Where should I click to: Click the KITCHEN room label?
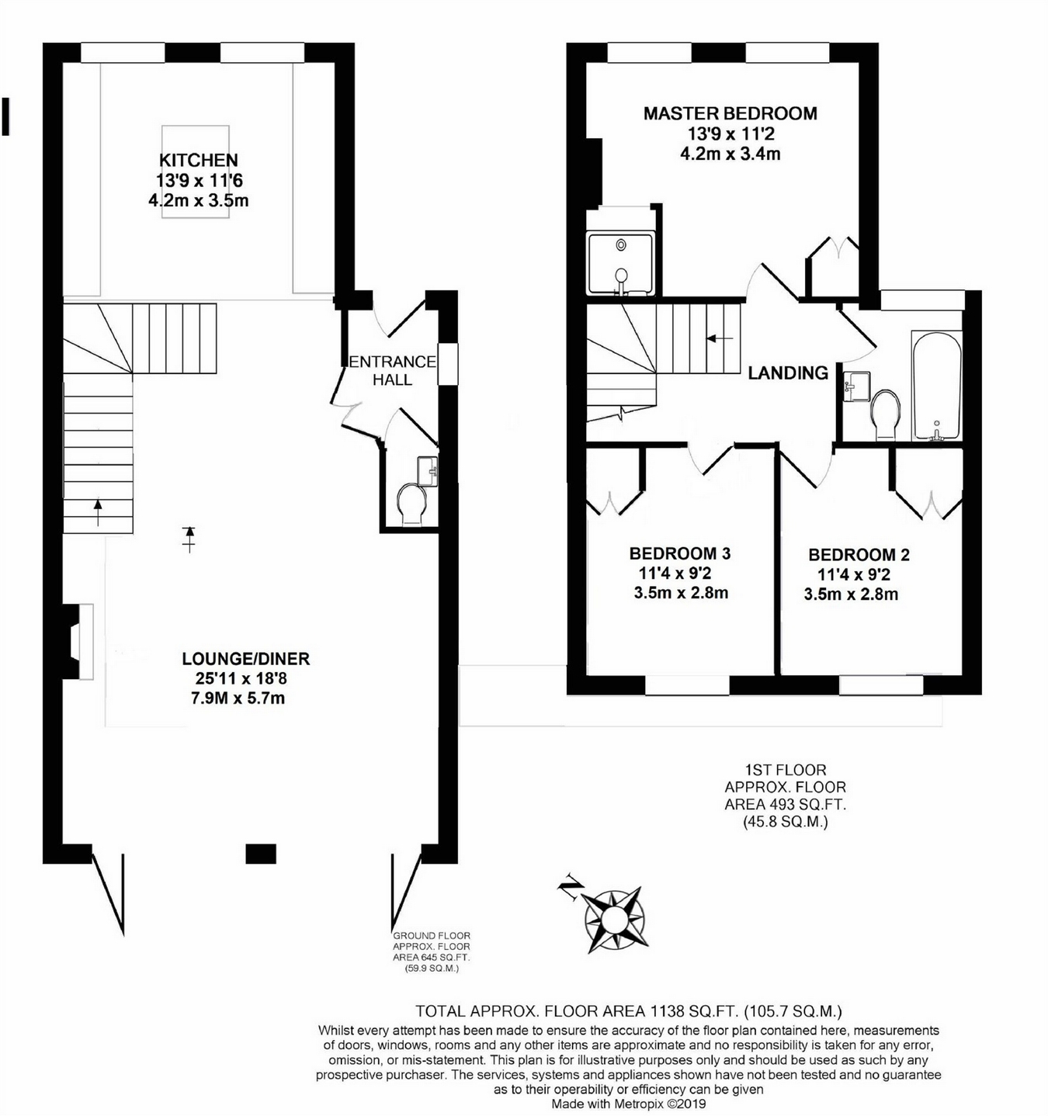(198, 161)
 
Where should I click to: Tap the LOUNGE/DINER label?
(245, 659)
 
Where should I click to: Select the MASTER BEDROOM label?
(730, 113)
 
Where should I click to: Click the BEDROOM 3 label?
(679, 553)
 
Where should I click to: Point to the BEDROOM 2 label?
(859, 555)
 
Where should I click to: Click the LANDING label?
(788, 373)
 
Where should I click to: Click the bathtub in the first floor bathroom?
(937, 386)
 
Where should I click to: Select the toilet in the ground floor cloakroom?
(411, 503)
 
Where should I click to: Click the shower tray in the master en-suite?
(620, 264)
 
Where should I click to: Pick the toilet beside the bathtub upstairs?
(885, 414)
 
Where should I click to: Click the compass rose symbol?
(614, 919)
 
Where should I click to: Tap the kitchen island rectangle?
(196, 172)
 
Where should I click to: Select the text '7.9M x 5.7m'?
(238, 698)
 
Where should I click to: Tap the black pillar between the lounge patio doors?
(261, 854)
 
